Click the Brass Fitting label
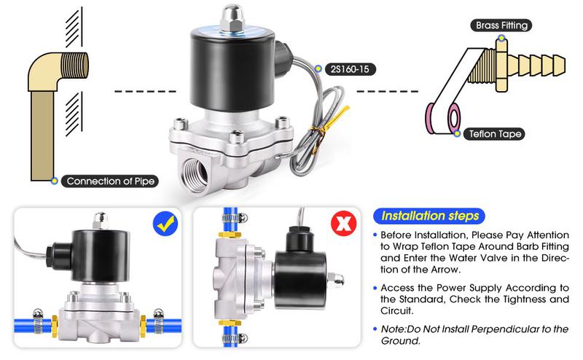pos(502,26)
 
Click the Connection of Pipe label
pos(109,181)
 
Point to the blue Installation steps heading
pos(431,216)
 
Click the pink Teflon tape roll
pos(444,117)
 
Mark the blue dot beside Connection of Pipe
pos(54,181)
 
